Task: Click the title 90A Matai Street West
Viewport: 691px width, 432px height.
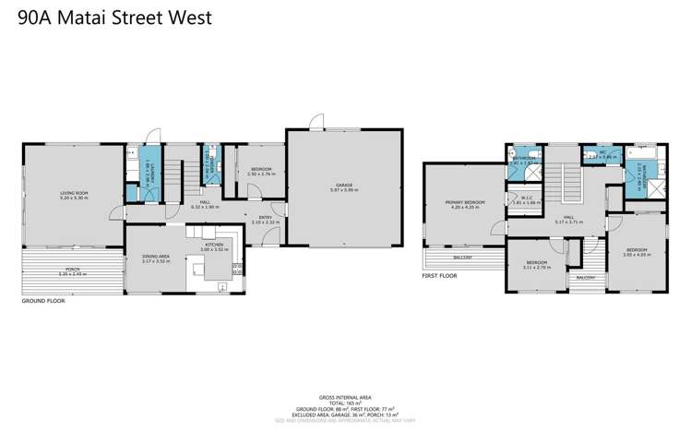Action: tap(114, 17)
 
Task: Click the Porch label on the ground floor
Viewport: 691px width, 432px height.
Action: tap(71, 271)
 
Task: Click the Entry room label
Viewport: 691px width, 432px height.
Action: tap(265, 218)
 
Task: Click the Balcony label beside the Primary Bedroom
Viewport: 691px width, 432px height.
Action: tap(464, 258)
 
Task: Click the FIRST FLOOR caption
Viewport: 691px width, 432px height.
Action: tap(440, 276)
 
